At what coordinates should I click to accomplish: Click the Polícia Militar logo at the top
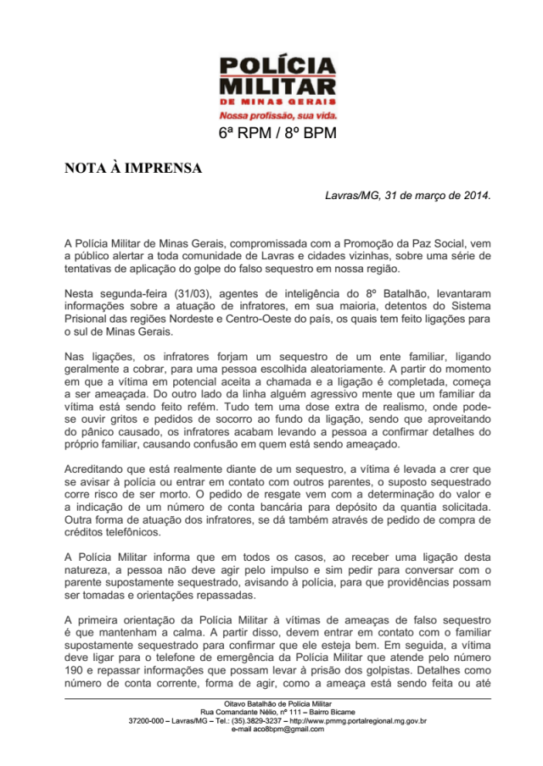[x=277, y=80]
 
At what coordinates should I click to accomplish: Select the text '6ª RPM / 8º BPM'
[x=277, y=134]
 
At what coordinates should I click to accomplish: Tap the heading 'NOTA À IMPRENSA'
[x=133, y=168]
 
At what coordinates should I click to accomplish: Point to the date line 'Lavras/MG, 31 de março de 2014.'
[x=408, y=195]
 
